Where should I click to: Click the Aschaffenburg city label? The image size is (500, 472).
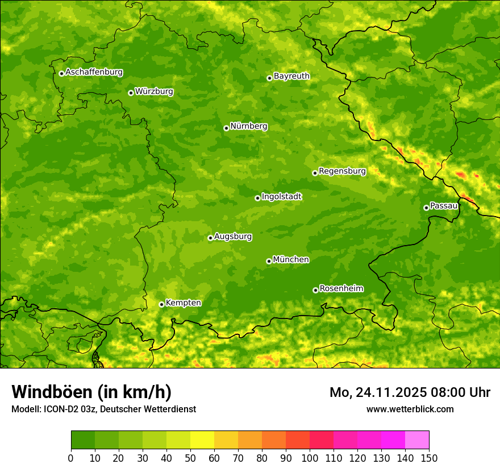coord(94,72)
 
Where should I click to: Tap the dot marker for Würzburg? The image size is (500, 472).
coord(131,93)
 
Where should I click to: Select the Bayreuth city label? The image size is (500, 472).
coord(291,76)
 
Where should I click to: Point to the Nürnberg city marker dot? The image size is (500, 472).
coord(226,128)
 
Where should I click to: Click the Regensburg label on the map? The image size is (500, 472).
coord(342,171)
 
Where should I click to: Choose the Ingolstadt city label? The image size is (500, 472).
coord(281,197)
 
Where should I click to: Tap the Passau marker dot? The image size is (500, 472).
coord(426,208)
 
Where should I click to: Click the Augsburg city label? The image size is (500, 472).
coord(232,237)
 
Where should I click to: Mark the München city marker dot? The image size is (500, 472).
coord(269,261)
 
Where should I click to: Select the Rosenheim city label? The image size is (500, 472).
coord(341,289)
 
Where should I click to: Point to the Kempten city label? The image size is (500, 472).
coord(183,303)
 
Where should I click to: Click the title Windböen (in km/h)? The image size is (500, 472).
coord(91,392)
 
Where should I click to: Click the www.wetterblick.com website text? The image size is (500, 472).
coord(410,409)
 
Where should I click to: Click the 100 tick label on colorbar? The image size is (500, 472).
coord(310,458)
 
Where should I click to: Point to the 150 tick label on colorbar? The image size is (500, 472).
coord(429,458)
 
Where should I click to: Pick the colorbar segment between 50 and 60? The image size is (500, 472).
coord(202,440)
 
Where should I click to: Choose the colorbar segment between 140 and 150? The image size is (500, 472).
coord(417,440)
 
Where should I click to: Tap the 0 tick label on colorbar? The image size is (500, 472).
coord(71,458)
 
